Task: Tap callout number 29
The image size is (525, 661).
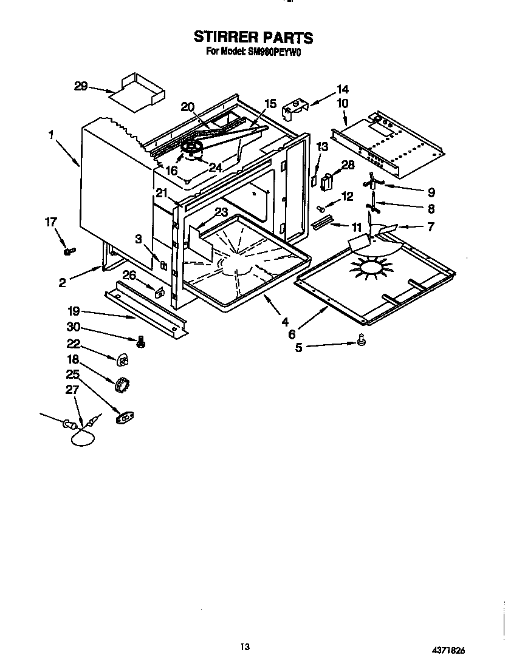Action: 81,87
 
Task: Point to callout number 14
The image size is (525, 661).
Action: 342,89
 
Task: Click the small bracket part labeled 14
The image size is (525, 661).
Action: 295,107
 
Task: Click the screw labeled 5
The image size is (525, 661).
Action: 362,344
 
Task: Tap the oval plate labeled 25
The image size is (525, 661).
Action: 125,416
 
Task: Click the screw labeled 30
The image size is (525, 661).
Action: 142,343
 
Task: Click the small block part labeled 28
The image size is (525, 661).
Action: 329,181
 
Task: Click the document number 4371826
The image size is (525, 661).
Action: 456,649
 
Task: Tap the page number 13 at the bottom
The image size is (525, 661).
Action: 245,645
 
